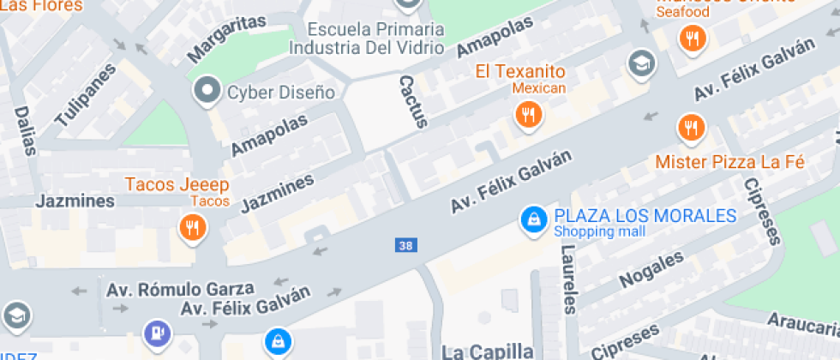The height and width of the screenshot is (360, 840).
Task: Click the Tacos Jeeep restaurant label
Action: pos(177,184)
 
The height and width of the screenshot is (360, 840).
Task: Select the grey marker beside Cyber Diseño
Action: pos(207,90)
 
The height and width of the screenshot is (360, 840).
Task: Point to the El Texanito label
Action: pos(520,71)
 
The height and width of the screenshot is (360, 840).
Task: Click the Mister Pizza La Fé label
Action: pos(729,161)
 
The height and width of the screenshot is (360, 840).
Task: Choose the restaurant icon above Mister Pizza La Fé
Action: pos(690,128)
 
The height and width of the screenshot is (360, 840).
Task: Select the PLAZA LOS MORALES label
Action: pos(645,215)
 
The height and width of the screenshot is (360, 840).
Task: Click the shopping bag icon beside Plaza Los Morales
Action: pos(533,220)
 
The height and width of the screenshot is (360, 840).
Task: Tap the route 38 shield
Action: pos(406,245)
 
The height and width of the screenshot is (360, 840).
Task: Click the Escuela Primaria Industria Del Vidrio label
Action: pos(366,39)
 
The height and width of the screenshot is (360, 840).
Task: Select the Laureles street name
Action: pos(569,278)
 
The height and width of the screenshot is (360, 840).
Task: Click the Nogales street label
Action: pos(651,268)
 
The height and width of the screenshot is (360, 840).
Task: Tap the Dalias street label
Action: pos(26,130)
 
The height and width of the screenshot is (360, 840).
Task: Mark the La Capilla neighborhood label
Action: pos(487,351)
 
